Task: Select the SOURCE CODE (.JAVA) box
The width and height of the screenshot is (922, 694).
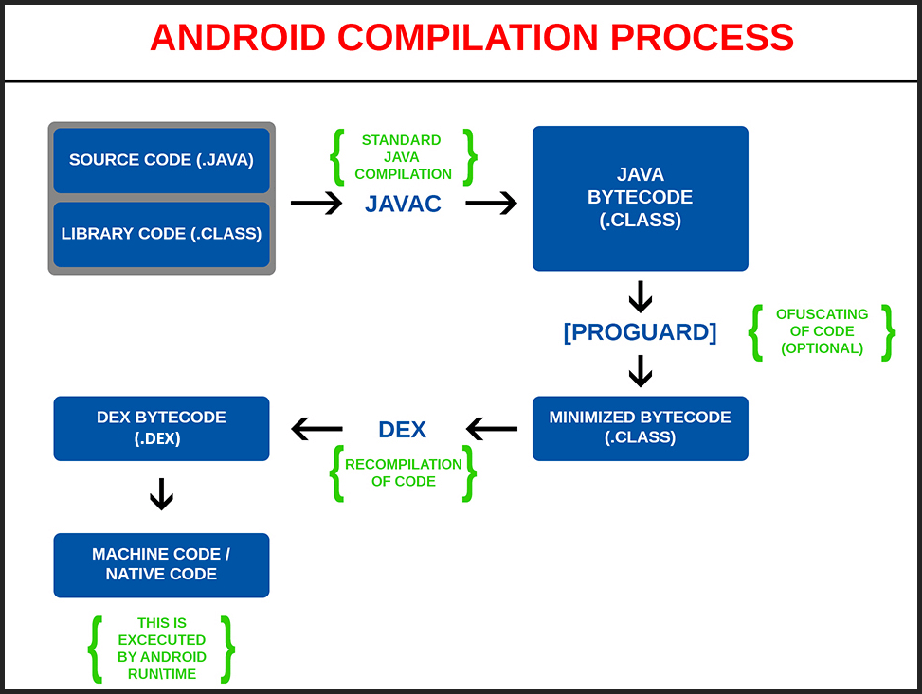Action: pos(161,160)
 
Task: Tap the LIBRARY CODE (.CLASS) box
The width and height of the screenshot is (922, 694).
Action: pos(161,234)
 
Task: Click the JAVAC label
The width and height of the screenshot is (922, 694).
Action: pos(403,204)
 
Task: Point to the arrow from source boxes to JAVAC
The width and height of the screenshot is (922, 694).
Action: pos(316,204)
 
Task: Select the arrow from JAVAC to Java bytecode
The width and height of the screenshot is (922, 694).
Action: pos(491,204)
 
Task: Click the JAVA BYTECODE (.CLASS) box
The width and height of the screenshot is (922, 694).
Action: pos(640,198)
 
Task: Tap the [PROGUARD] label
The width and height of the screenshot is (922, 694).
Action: pos(640,332)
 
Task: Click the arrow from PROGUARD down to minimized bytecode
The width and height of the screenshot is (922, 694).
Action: pos(641,370)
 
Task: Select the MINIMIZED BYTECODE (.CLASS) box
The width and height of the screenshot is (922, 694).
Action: pos(640,428)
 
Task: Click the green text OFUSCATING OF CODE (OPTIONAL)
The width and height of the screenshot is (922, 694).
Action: pos(822,331)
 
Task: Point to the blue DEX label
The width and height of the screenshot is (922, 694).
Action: pos(402,429)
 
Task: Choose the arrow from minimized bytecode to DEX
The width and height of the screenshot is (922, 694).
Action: pos(493,430)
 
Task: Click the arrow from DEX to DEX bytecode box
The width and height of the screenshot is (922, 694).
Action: pos(316,430)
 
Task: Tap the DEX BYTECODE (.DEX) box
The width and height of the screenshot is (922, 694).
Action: pos(161,428)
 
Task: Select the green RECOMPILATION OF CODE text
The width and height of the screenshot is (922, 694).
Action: pos(403,472)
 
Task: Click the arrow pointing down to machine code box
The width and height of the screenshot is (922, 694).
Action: pos(162,494)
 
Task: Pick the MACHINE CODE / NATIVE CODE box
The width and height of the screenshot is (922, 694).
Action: pos(161,564)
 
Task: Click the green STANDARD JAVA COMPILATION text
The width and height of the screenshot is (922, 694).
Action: pos(403,157)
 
